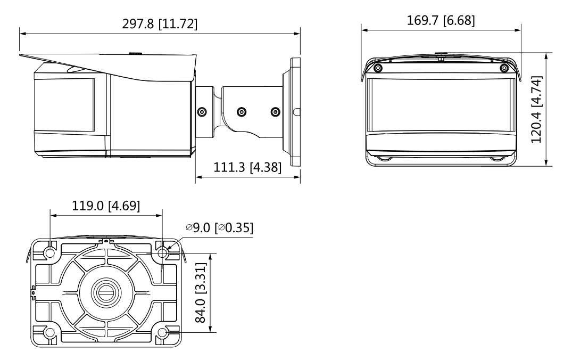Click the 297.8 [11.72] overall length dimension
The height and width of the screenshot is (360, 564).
(160, 24)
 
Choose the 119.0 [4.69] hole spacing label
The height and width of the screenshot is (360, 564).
(105, 206)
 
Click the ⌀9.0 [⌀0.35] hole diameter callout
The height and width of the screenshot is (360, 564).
(219, 227)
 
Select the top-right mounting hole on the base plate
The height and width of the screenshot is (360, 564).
(162, 252)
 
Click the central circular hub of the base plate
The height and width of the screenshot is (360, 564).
(106, 292)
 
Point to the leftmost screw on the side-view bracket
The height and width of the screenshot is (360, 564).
(202, 112)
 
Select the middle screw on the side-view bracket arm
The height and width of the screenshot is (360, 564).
(242, 112)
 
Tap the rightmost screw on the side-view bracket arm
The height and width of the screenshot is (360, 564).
(275, 112)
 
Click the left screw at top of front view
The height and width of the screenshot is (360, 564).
(377, 68)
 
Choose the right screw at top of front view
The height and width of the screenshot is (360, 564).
(503, 68)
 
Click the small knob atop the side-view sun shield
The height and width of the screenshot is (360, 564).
(136, 53)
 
